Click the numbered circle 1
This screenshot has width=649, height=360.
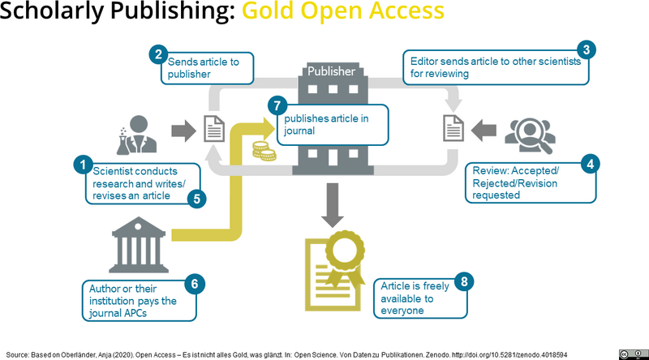click(x=81, y=165)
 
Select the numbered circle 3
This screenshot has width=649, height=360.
click(x=587, y=49)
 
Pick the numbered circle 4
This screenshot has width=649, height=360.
click(x=591, y=163)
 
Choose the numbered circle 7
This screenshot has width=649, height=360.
click(x=277, y=106)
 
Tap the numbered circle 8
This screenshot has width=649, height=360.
click(x=463, y=281)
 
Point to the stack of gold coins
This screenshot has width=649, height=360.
click(x=262, y=150)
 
